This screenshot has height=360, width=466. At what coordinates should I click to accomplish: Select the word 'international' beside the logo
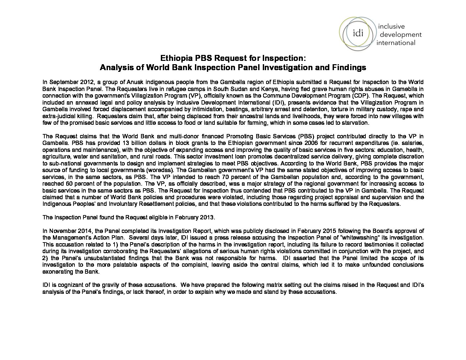click(396, 42)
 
